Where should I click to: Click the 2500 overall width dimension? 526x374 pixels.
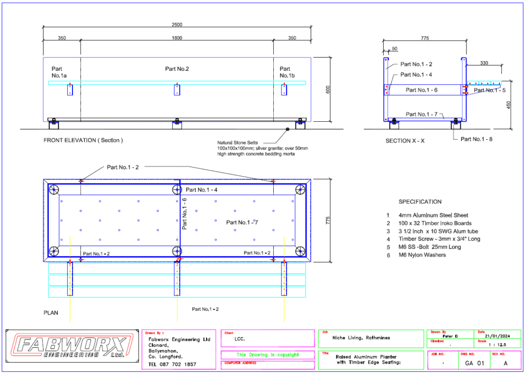pos(177,25)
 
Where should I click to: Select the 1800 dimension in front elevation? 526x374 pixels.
pos(177,38)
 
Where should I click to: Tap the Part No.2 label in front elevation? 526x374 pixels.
pos(177,68)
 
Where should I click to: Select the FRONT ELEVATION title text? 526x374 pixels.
pos(83,140)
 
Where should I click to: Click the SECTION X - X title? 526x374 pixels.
pos(406,140)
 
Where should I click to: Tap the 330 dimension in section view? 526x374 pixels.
pos(484,64)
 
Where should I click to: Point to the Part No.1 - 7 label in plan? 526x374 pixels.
pos(242,222)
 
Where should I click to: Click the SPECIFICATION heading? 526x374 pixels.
pos(420,202)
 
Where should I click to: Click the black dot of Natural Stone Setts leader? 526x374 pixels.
pos(288,129)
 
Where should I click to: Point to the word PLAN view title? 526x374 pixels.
pos(51,312)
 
